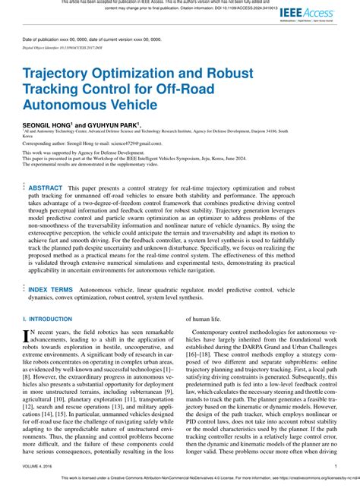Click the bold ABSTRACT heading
[45, 187]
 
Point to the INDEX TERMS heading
[50, 290]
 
